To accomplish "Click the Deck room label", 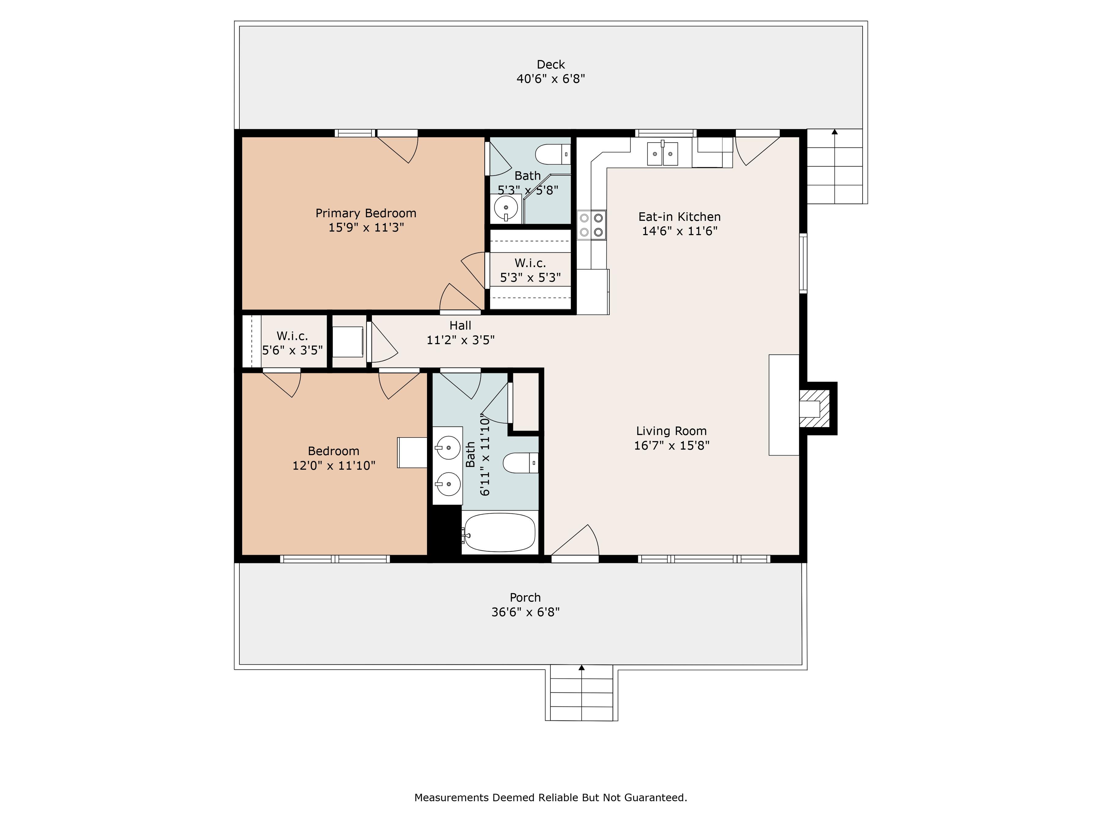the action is pyautogui.click(x=550, y=65).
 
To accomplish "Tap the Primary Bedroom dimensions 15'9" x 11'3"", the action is pyautogui.click(x=366, y=228).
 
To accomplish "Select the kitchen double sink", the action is pyautogui.click(x=663, y=153).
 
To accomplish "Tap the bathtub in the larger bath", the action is pyautogui.click(x=500, y=532).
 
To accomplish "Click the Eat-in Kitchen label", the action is pyautogui.click(x=680, y=217).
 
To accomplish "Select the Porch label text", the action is pyautogui.click(x=525, y=597).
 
